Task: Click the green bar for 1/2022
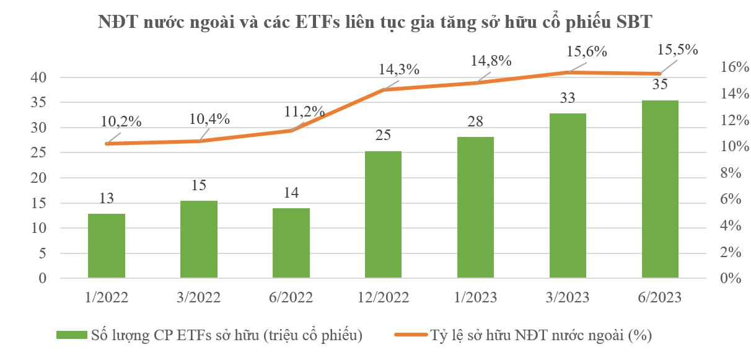(x=107, y=246)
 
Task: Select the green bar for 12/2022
(x=384, y=214)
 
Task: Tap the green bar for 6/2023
(x=661, y=189)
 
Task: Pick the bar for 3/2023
(x=568, y=196)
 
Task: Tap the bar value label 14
(x=291, y=193)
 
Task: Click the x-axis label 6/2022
(x=291, y=297)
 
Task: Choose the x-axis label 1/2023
(x=476, y=297)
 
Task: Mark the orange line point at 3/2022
(x=199, y=141)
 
